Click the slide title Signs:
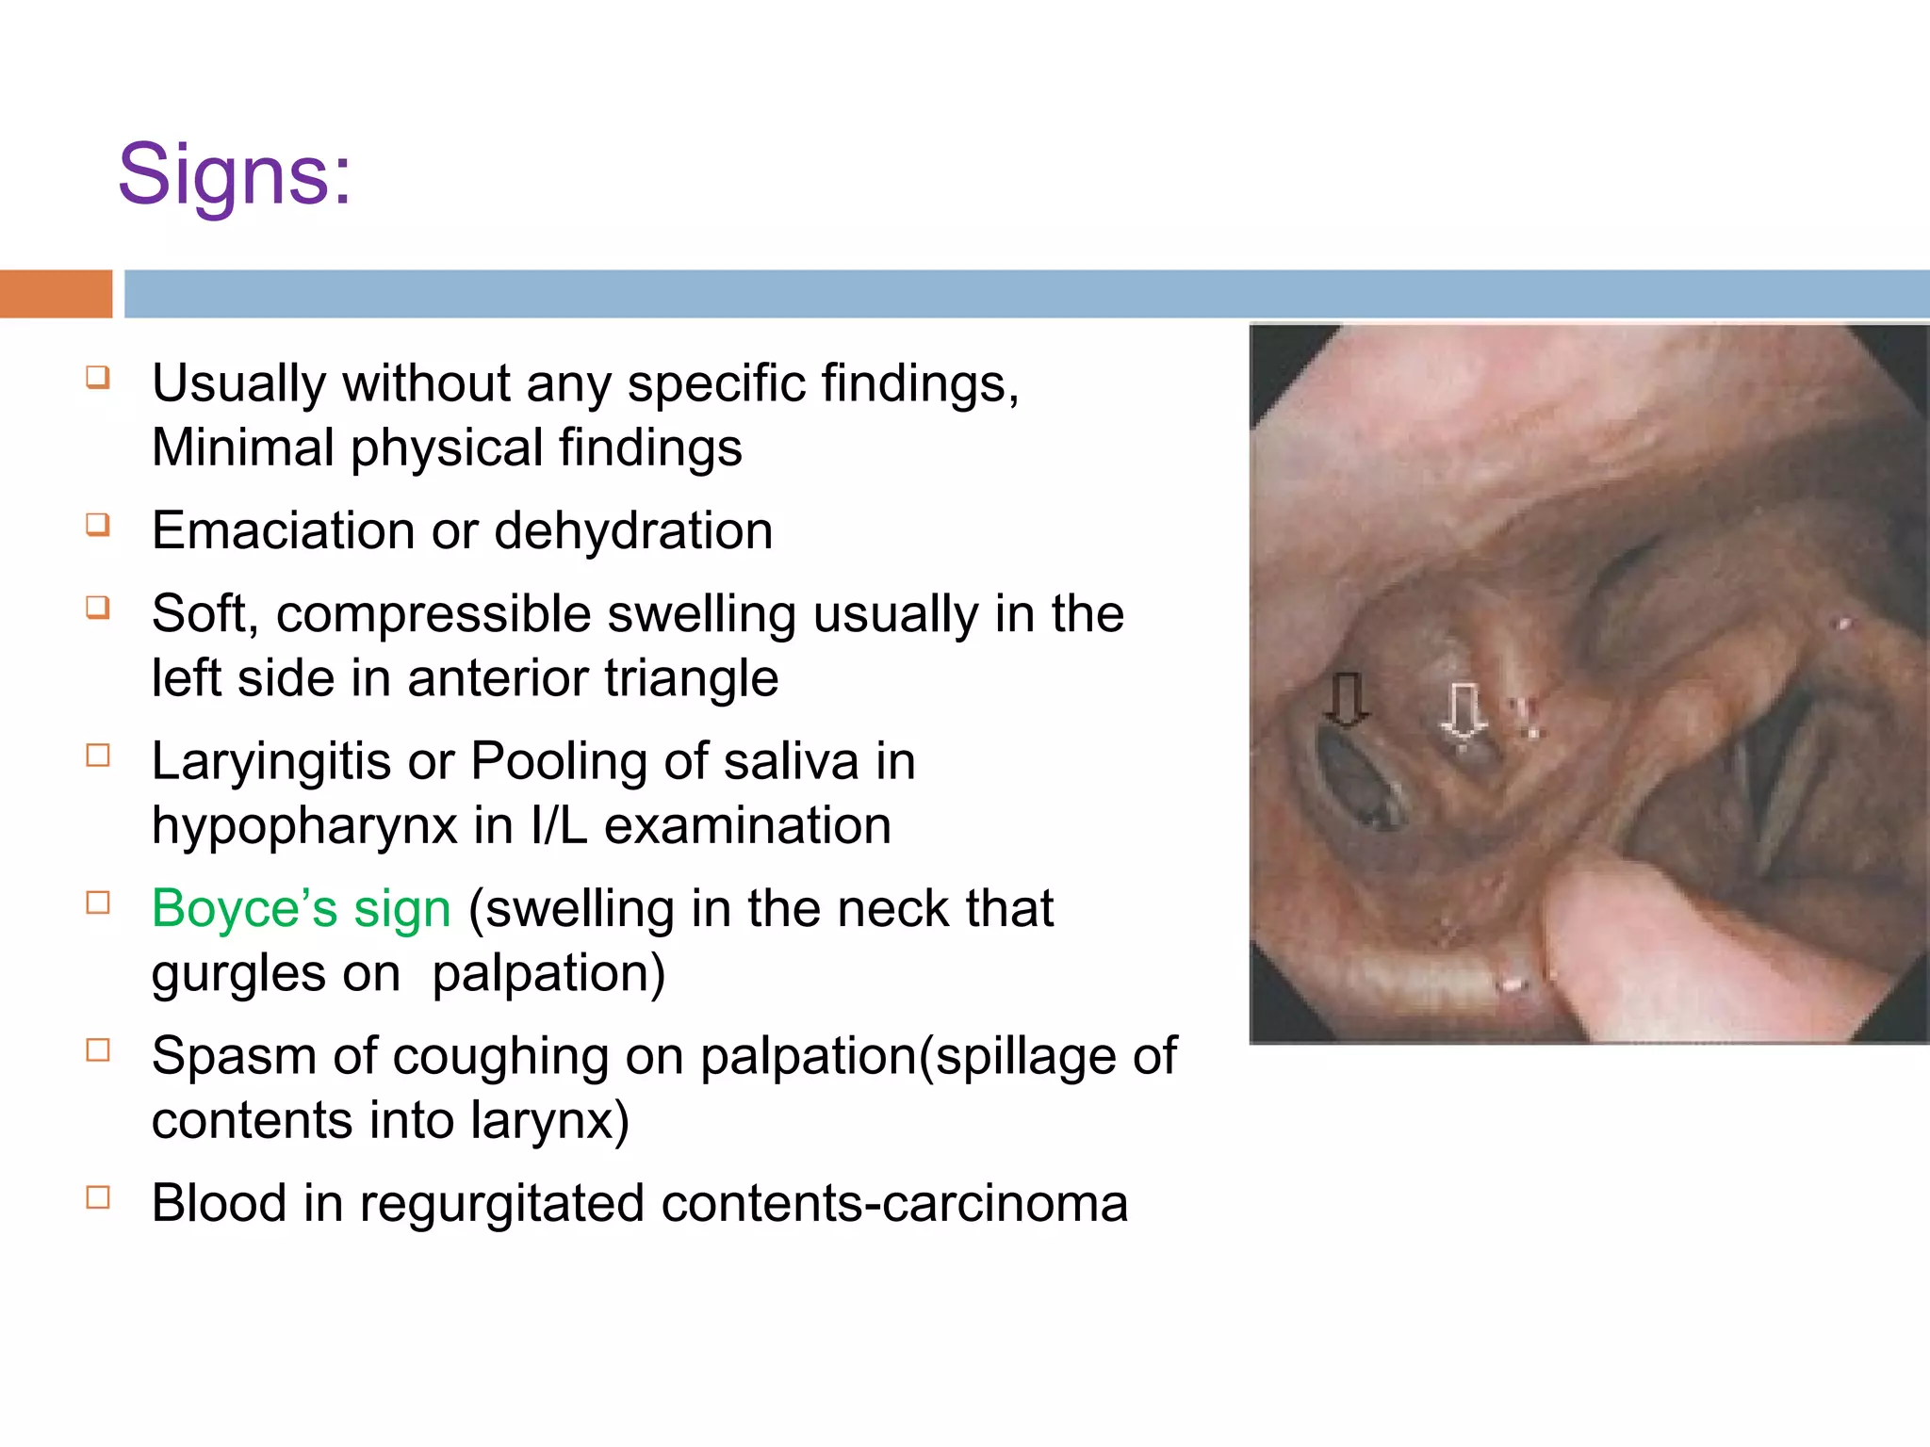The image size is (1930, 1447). (x=234, y=175)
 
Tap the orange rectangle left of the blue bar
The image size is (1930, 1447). (x=56, y=294)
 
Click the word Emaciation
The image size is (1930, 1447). (x=283, y=530)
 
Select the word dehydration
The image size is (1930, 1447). (x=633, y=530)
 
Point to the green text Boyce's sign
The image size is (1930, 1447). (x=302, y=909)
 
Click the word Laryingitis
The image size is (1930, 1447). (x=270, y=761)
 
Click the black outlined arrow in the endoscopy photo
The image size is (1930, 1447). (x=1346, y=699)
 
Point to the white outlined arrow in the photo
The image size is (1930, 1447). (x=1463, y=712)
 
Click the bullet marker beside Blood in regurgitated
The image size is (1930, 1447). (x=98, y=1197)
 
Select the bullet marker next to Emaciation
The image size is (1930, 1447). (x=98, y=524)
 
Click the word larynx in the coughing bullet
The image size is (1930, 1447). (x=549, y=1121)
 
